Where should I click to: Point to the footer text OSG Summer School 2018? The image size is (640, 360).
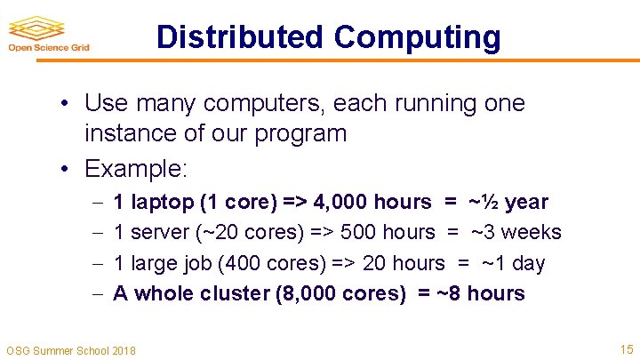click(71, 350)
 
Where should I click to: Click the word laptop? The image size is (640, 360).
click(161, 203)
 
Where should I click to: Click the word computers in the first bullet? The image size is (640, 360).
click(270, 104)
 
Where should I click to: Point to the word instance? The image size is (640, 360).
click(124, 134)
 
